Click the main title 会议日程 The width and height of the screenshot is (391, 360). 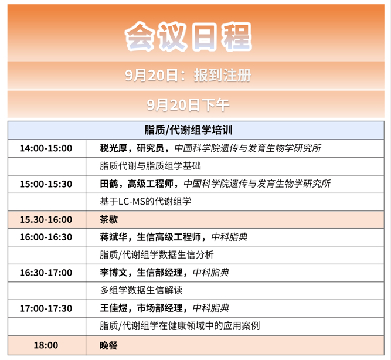click(188, 36)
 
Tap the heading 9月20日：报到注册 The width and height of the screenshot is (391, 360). click(188, 75)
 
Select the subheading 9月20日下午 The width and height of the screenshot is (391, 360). click(188, 105)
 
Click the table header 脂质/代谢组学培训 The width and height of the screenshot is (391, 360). click(189, 130)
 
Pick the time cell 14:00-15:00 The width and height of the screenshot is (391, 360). click(46, 148)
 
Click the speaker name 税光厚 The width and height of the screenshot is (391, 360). click(114, 148)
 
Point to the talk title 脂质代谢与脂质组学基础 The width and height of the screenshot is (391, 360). click(151, 166)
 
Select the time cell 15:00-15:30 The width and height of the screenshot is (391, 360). click(46, 184)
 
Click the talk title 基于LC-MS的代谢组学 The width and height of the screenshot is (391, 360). click(145, 202)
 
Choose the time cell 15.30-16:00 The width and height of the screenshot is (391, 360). click(46, 219)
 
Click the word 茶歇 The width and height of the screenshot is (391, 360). click(109, 219)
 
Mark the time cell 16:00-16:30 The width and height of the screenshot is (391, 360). click(46, 237)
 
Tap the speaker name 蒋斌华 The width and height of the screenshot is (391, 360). click(114, 237)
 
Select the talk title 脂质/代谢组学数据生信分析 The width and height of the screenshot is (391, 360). click(157, 254)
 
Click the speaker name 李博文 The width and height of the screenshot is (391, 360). click(114, 273)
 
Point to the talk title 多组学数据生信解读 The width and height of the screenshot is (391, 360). click(141, 290)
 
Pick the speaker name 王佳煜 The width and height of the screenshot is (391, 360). click(114, 308)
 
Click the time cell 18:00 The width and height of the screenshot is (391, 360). click(46, 345)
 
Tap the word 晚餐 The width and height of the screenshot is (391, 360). click(108, 345)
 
